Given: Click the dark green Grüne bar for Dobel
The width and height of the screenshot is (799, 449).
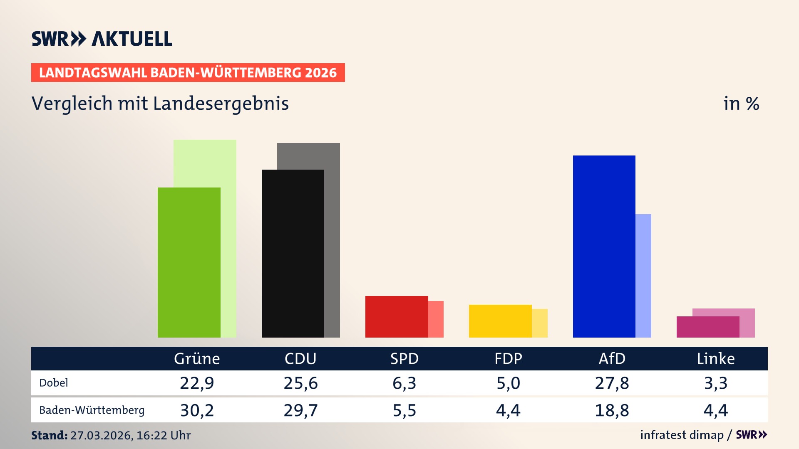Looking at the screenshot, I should (189, 262).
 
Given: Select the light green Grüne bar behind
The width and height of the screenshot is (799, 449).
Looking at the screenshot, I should (228, 166).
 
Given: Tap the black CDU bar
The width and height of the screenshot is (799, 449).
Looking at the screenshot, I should (293, 254).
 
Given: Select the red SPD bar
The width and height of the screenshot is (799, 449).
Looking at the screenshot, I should (396, 316).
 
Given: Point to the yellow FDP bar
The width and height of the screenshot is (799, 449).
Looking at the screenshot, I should (500, 321).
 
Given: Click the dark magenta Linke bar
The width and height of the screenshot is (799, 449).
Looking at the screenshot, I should (707, 327).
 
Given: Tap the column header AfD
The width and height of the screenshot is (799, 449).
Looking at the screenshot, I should (612, 358).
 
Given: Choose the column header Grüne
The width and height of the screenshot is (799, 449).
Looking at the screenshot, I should (197, 358).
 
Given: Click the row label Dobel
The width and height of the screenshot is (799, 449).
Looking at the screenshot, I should (53, 383).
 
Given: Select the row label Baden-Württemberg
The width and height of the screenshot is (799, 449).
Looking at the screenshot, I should (92, 410).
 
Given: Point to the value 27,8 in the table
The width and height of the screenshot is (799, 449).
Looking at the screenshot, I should (612, 383).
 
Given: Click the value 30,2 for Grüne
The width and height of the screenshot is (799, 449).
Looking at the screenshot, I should (197, 410).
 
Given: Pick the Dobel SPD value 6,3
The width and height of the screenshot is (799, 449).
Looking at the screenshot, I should (404, 383).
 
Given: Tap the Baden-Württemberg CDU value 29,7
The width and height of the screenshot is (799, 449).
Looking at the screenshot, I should (300, 410).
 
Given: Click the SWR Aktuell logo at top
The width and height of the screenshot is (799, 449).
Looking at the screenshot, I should (102, 39).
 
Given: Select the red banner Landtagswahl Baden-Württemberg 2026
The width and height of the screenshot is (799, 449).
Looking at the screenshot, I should (188, 72).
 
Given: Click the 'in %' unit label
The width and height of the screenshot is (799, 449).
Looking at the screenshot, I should (741, 104).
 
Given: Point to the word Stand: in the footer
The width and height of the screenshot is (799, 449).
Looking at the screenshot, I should (49, 435).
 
